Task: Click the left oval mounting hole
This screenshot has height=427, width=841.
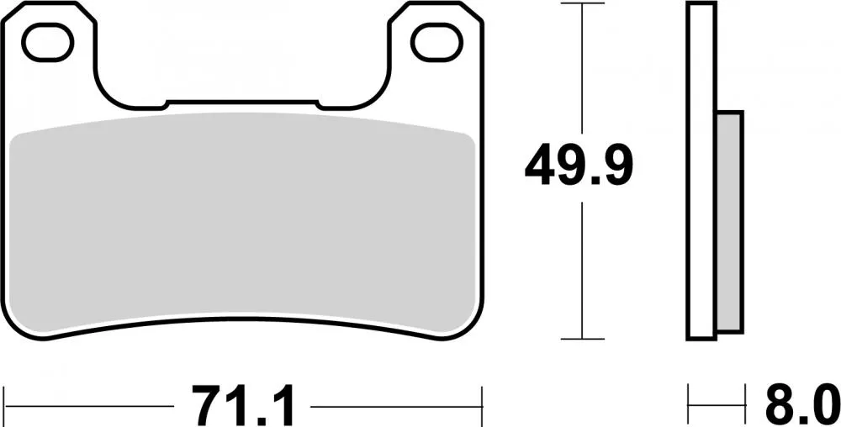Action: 48,42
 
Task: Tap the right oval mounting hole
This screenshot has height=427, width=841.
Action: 437,42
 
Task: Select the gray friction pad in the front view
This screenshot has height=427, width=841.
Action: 244,223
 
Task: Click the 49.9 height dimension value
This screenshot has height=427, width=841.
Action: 579,166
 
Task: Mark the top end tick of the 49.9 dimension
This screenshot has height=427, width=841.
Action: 583,4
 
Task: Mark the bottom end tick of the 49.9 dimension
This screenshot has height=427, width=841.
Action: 583,339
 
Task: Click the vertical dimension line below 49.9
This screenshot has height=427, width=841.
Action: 583,269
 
